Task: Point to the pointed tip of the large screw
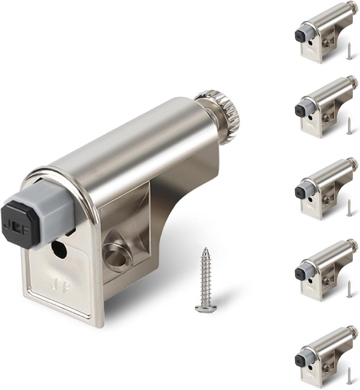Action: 205,250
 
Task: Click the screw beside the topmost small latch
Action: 349,51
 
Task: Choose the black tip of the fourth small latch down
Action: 299,273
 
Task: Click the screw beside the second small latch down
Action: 349,126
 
